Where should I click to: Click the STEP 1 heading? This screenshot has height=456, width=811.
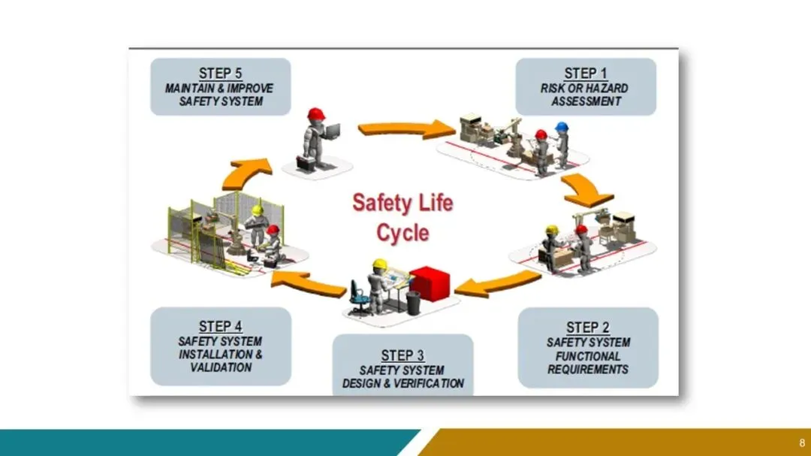tap(585, 74)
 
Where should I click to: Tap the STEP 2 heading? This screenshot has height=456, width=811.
tap(588, 328)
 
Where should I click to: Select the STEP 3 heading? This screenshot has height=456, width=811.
tap(402, 355)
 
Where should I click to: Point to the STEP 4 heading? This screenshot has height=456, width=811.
tap(220, 327)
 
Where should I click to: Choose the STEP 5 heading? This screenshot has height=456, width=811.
tap(220, 74)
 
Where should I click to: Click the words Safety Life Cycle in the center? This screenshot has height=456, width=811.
tap(402, 217)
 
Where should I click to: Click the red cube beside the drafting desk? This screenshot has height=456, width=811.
tap(429, 283)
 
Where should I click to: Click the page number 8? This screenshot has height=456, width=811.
tap(801, 442)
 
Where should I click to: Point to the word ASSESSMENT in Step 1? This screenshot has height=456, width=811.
tap(586, 101)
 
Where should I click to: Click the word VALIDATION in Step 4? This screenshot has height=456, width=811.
tap(220, 368)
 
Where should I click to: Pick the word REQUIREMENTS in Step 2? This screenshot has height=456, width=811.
tap(588, 370)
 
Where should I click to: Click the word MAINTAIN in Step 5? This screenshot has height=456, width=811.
tap(192, 88)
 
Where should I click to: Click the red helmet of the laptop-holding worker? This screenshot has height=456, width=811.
tap(316, 113)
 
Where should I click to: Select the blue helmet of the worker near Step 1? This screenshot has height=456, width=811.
tap(562, 128)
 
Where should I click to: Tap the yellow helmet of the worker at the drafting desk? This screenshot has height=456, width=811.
tap(380, 264)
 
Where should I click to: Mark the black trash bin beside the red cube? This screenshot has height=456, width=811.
tap(413, 303)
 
